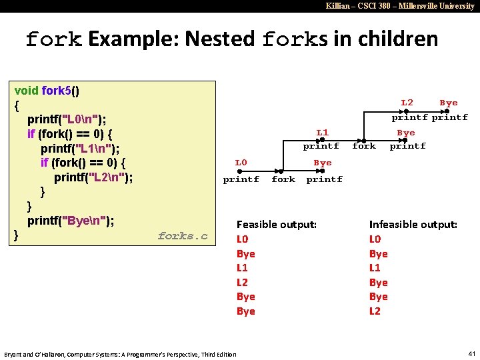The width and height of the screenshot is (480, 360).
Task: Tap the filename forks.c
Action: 183,236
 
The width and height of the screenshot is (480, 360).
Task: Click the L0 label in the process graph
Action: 241,162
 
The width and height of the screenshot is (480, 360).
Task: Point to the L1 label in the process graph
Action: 322,133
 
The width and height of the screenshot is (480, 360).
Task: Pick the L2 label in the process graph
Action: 407,102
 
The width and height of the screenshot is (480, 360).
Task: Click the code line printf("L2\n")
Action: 93,177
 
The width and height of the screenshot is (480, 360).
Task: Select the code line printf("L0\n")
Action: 66,119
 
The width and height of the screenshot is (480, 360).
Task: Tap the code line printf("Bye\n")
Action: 70,221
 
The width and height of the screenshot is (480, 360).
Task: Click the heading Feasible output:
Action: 277,225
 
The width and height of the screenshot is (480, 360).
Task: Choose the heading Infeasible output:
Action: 413,225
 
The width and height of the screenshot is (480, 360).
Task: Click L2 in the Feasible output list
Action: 243,282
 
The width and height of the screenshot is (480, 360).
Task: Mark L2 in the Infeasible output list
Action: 375,311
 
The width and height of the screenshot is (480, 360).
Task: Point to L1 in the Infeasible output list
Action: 375,268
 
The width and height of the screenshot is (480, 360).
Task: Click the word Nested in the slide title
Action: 220,39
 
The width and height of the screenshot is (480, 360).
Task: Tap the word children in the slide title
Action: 398,39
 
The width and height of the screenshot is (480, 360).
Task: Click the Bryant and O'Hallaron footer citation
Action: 120,354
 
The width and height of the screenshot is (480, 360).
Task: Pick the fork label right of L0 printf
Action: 283,179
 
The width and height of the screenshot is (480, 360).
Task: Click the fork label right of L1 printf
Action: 364,146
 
